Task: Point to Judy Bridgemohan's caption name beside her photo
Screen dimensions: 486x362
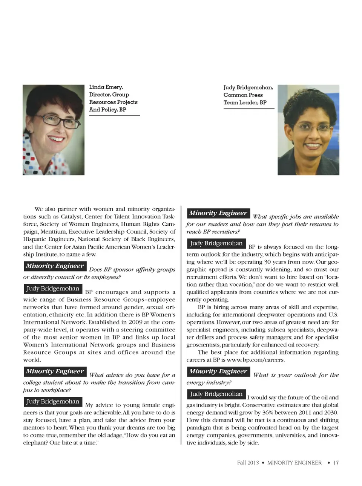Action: click(248, 87)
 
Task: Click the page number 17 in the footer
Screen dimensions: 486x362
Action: click(336, 463)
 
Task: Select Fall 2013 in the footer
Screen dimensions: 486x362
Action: click(248, 463)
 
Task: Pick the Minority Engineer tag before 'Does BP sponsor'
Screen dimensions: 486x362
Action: click(55, 266)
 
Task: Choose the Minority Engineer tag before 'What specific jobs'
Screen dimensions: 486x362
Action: click(218, 213)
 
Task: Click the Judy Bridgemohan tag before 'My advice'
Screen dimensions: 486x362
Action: click(53, 402)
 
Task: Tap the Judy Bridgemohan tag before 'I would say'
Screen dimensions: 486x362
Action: click(216, 394)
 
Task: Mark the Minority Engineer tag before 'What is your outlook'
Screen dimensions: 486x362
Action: click(218, 371)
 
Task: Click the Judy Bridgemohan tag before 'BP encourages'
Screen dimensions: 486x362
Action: click(53, 289)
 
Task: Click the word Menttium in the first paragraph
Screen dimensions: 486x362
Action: click(54, 232)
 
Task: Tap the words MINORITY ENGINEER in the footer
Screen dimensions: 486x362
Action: click(294, 463)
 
